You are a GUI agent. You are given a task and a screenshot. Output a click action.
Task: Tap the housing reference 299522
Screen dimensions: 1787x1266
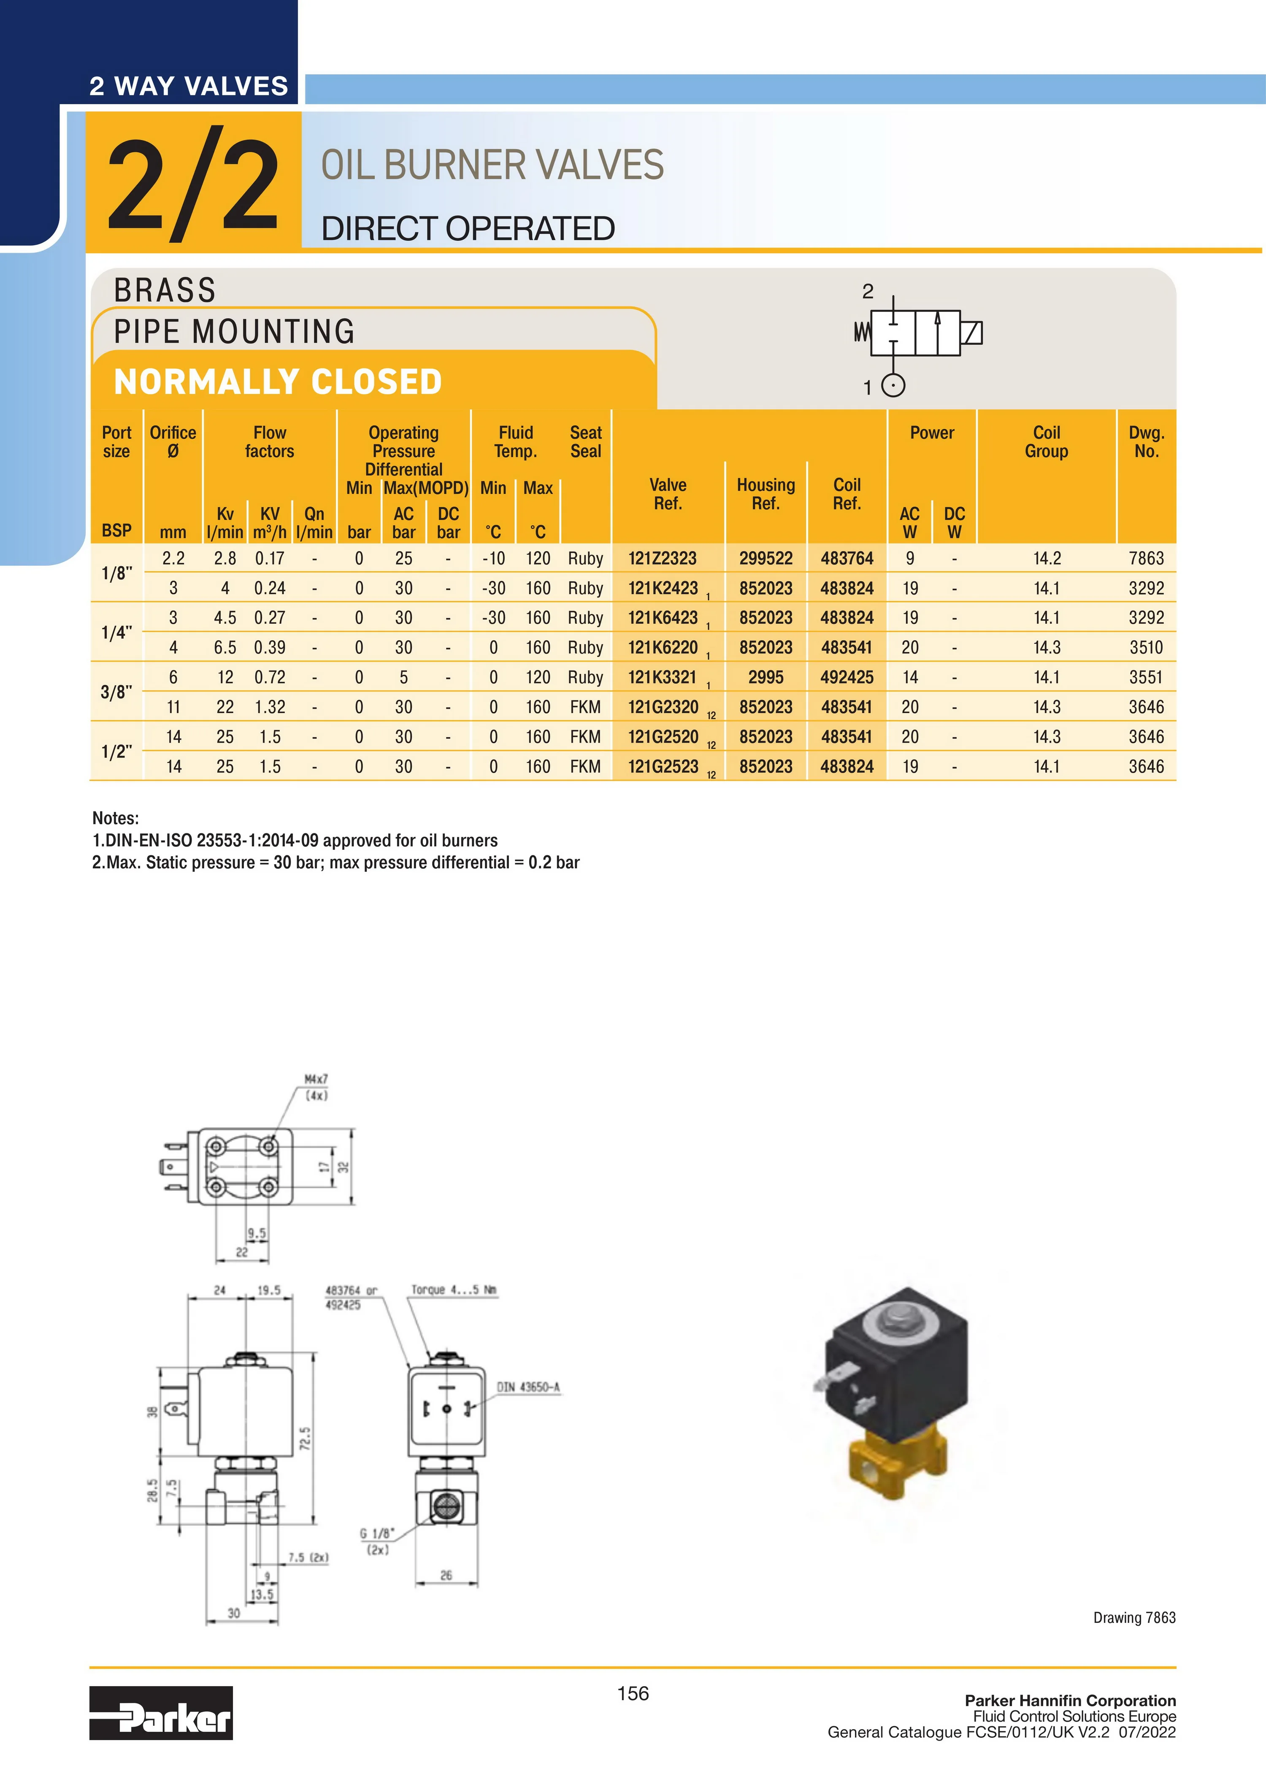pyautogui.click(x=766, y=558)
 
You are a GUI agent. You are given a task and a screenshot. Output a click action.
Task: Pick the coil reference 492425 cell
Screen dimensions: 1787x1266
pyautogui.click(x=847, y=677)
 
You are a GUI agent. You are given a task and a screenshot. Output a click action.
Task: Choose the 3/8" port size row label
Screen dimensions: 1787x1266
pyautogui.click(x=116, y=692)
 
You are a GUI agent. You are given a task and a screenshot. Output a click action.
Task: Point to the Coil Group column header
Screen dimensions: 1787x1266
pyautogui.click(x=1046, y=442)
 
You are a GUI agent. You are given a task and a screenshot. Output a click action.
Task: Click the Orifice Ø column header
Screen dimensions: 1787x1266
pyautogui.click(x=173, y=442)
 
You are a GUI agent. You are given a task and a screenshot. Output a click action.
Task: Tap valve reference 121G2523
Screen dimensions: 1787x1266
pyautogui.click(x=663, y=767)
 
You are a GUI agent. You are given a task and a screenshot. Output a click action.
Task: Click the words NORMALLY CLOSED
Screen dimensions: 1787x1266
pyautogui.click(x=278, y=382)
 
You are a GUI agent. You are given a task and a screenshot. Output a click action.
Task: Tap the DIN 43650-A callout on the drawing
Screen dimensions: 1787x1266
pyautogui.click(x=528, y=1387)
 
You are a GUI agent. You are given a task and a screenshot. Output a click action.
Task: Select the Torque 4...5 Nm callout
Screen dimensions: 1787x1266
pyautogui.click(x=454, y=1290)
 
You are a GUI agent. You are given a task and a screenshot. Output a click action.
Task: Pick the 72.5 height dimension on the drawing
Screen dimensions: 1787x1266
pyautogui.click(x=306, y=1438)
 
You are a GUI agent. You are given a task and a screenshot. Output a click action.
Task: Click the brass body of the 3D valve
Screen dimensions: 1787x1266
pyautogui.click(x=896, y=1469)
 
